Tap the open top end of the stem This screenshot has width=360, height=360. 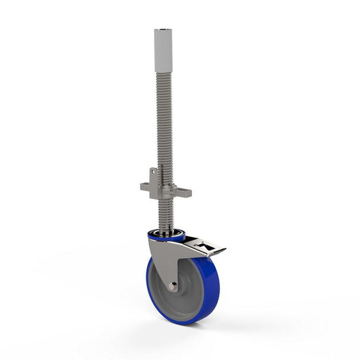click(163, 31)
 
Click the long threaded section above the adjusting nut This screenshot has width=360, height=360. click(163, 120)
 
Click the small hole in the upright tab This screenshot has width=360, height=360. click(153, 174)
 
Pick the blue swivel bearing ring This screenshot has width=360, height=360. click(167, 236)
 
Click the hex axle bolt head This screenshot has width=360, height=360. click(172, 286)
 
